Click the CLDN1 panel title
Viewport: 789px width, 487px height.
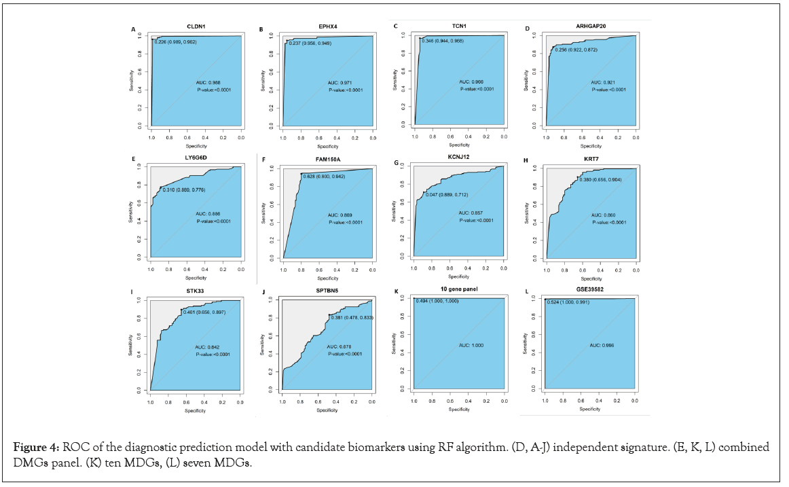point(196,26)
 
